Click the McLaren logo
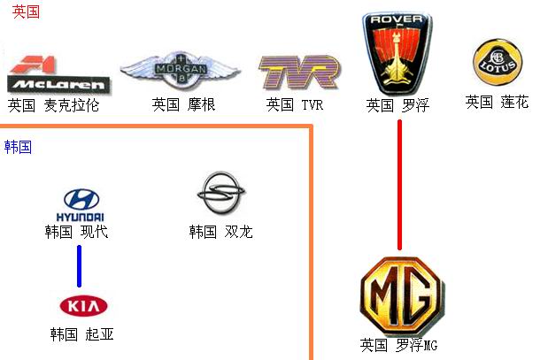(58, 74)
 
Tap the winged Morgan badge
(181, 71)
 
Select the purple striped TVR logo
(299, 72)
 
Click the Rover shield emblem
(397, 53)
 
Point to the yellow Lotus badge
(498, 62)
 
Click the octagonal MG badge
(402, 297)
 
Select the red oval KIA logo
(83, 306)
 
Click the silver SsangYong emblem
(220, 193)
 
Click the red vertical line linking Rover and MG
(399, 185)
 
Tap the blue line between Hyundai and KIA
(80, 266)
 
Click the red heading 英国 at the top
(26, 11)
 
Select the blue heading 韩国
(18, 147)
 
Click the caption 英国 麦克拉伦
(53, 105)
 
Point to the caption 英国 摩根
(183, 104)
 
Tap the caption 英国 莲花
(497, 102)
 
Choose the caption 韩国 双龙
(220, 232)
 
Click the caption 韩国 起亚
(81, 334)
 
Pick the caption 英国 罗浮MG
(398, 345)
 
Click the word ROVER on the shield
(397, 19)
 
